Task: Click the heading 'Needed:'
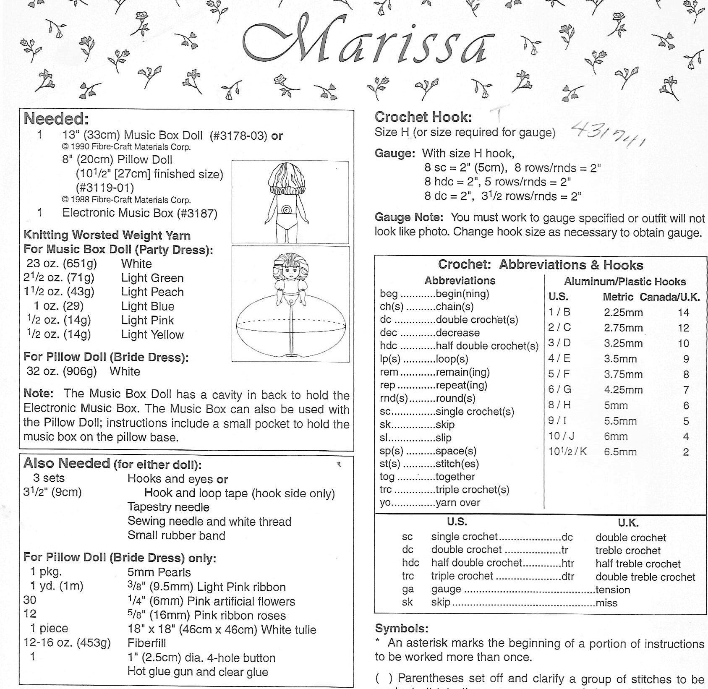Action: (56, 119)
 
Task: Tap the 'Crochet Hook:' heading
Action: (423, 117)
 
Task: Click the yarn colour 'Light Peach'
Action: (152, 292)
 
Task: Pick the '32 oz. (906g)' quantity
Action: (62, 372)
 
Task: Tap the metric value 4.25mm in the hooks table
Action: (623, 390)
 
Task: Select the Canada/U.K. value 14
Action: (683, 313)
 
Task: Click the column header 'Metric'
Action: (619, 298)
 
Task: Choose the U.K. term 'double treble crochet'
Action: (645, 577)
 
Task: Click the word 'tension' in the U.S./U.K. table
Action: (613, 590)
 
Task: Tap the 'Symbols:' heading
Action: (402, 629)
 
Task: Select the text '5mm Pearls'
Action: (159, 572)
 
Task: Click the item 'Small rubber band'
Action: (176, 536)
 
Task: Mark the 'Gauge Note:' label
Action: (409, 218)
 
